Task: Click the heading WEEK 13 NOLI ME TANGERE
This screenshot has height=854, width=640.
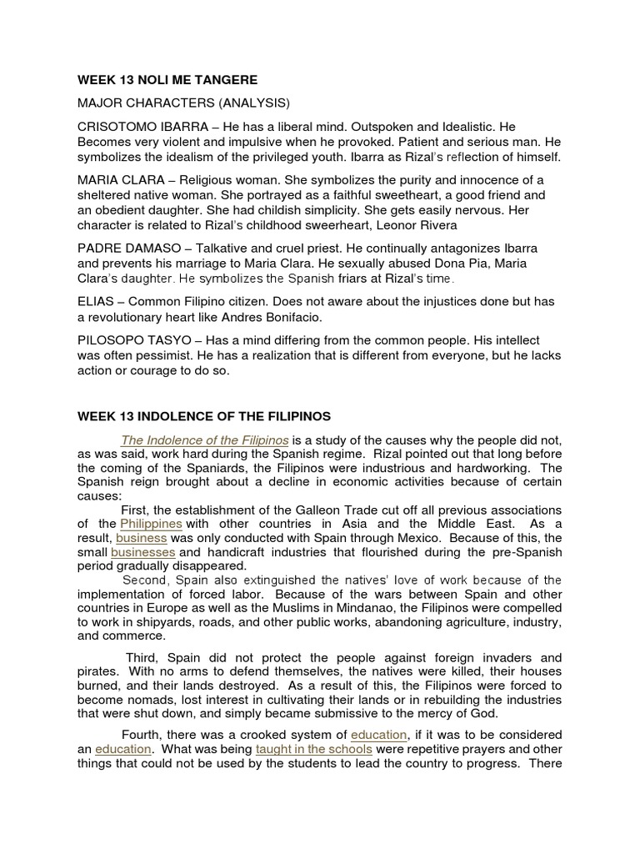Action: coord(167,80)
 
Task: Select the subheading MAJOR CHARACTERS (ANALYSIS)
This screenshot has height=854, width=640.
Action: coord(183,103)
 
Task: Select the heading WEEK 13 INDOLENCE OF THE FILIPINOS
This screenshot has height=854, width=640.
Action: coord(204,415)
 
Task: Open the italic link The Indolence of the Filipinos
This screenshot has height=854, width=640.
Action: coord(205,440)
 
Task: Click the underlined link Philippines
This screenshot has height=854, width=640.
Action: coord(151,524)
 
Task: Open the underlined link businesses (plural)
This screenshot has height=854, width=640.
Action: coord(142,552)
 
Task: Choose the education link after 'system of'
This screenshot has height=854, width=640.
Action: coord(379,735)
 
